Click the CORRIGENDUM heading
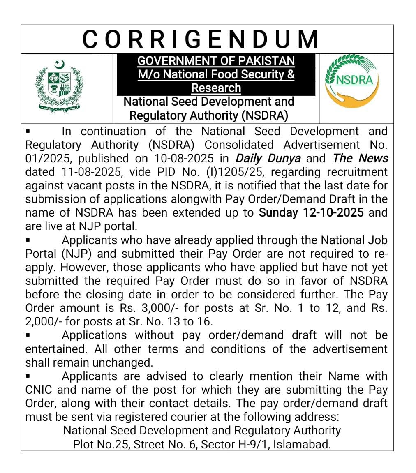200,39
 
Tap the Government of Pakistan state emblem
59,86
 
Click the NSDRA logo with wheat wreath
351,81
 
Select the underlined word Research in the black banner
216,88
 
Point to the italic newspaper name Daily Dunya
268,158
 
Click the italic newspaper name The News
361,158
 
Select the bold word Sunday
278,212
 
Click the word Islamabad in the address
302,444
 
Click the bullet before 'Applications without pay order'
28,335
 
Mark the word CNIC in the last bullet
39,390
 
